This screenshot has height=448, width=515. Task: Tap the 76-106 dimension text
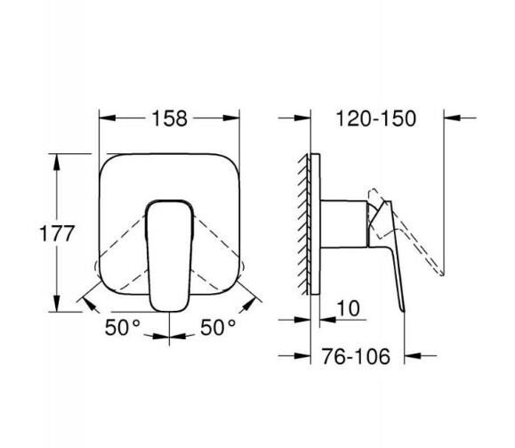click(x=355, y=356)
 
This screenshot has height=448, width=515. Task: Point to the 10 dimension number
click(x=349, y=308)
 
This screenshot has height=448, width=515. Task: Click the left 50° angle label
click(x=125, y=327)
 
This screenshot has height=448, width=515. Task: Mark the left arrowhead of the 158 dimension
click(x=103, y=118)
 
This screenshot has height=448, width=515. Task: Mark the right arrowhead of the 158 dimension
click(x=236, y=118)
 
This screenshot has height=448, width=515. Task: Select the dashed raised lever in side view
click(x=409, y=232)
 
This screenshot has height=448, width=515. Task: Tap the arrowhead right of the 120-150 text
click(x=447, y=118)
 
